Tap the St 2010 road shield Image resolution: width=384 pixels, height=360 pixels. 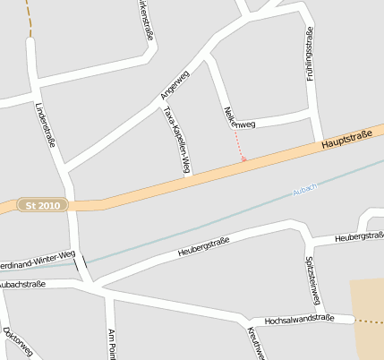pos(43,206)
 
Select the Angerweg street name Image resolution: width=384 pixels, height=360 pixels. pos(175,85)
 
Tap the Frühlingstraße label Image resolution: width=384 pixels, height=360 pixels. pos(310,53)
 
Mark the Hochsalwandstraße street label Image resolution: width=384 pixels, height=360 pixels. pos(299,319)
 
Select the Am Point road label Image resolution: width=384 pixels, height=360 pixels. pos(112,343)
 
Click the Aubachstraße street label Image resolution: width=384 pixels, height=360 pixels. pos(23,284)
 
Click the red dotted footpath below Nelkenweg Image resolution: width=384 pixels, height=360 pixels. pos(240,146)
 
